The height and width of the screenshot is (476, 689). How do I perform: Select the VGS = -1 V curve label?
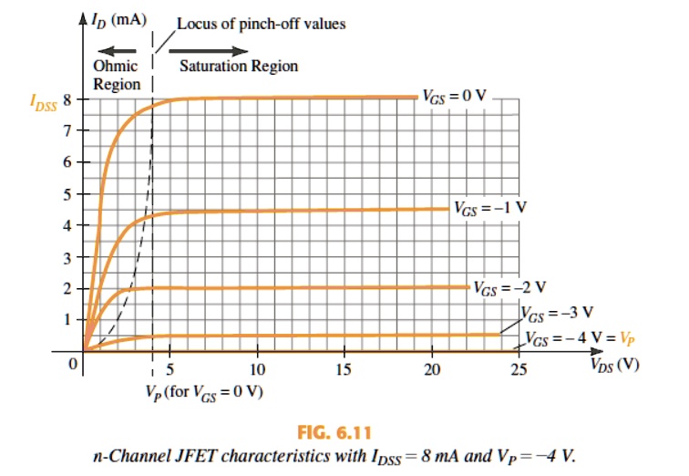[489, 206]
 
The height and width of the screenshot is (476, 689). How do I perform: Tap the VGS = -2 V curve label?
[509, 288]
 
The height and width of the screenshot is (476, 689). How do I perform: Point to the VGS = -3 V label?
[557, 312]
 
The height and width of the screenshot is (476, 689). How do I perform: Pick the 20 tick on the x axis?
[432, 369]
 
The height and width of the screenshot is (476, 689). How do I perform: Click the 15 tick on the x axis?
[344, 369]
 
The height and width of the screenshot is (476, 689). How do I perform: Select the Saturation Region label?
[238, 66]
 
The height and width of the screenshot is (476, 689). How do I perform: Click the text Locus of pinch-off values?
[261, 23]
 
